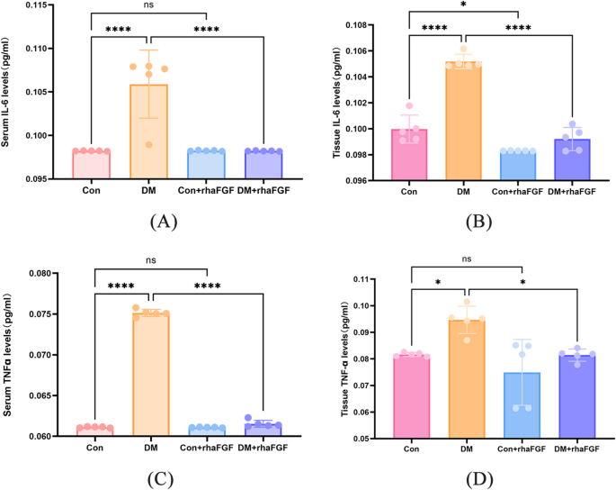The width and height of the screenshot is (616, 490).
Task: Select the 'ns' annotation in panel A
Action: click(149, 6)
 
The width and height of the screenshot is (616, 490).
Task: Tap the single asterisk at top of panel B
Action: click(464, 6)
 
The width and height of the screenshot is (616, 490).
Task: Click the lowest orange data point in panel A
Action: click(149, 145)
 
